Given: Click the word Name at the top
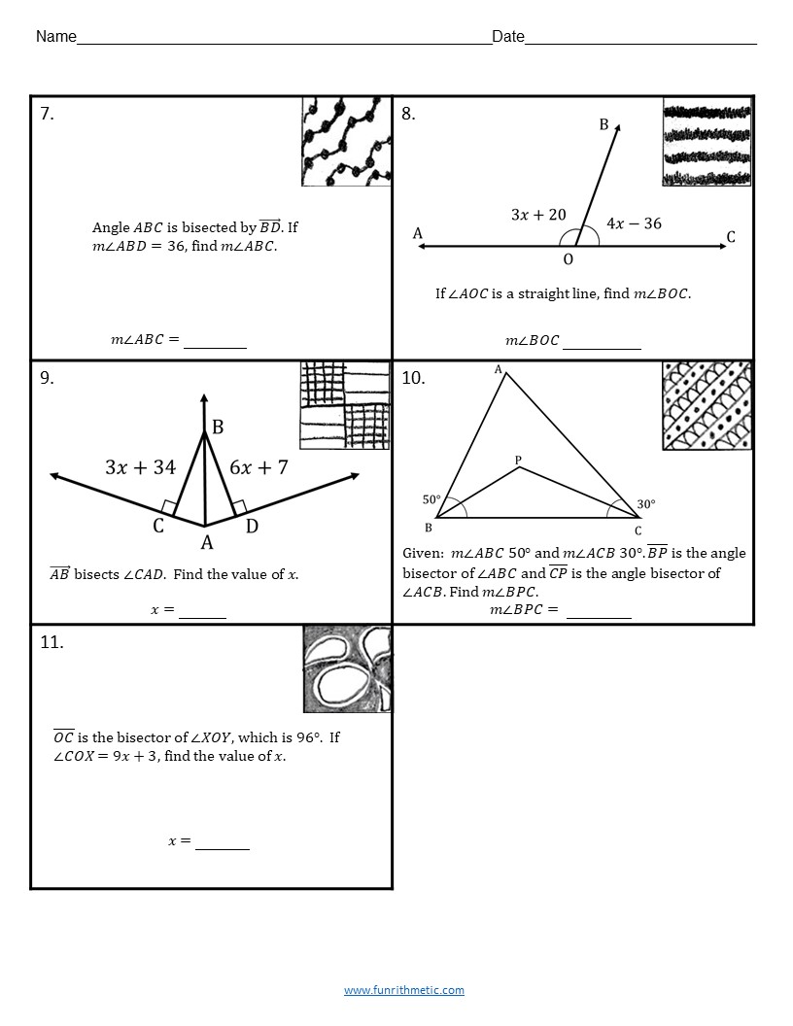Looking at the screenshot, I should (56, 37).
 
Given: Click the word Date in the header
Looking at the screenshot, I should (507, 37).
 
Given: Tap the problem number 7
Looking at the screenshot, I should (47, 114).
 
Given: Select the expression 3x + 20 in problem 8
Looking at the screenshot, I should (538, 215).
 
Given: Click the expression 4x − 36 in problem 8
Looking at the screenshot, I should (634, 223).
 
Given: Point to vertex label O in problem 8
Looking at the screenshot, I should (569, 259).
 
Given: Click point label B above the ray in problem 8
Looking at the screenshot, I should (603, 124).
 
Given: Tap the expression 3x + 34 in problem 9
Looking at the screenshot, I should (140, 467).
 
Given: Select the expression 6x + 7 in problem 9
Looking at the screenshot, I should (259, 467).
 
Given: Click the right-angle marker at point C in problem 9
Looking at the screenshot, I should (170, 506).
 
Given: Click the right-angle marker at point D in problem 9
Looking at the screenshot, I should (239, 506).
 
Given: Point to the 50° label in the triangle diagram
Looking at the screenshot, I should (431, 499).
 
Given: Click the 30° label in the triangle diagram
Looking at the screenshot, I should (646, 504).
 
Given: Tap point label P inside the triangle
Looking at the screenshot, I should (519, 459).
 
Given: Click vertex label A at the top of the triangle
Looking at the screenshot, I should (499, 369).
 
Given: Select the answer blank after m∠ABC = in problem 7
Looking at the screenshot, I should (215, 342).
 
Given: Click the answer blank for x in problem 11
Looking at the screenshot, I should (223, 843).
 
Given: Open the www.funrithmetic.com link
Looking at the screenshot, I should (403, 990).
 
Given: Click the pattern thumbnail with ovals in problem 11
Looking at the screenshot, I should (347, 668).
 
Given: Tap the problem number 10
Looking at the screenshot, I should (413, 378).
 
